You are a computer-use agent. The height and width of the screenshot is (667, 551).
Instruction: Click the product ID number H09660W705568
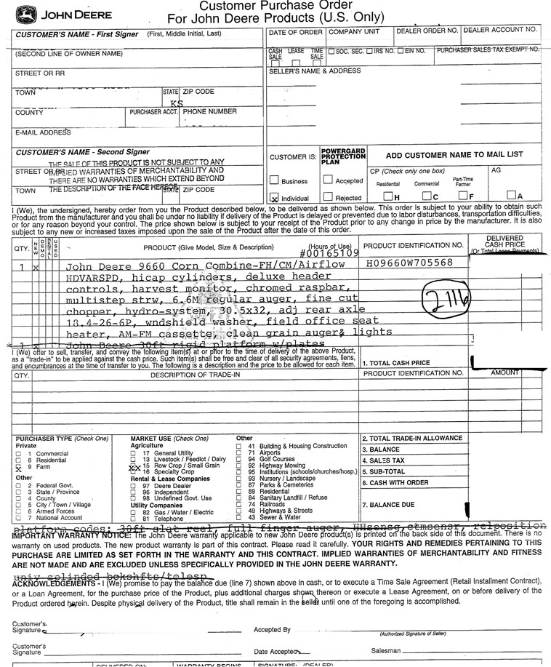(x=409, y=263)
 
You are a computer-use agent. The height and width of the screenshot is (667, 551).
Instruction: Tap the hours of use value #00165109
(x=329, y=254)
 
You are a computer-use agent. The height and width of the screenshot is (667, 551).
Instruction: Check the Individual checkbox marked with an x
(x=274, y=197)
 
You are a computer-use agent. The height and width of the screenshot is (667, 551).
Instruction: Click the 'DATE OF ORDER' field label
(x=295, y=32)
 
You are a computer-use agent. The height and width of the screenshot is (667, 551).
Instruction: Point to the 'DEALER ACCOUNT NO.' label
(x=501, y=30)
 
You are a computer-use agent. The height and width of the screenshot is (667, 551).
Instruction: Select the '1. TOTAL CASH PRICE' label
(x=396, y=363)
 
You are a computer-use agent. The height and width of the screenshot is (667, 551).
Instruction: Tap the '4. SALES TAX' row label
(x=384, y=461)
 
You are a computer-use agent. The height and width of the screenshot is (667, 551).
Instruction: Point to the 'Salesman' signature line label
(x=385, y=650)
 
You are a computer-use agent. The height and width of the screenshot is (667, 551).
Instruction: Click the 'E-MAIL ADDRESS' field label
(x=43, y=133)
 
